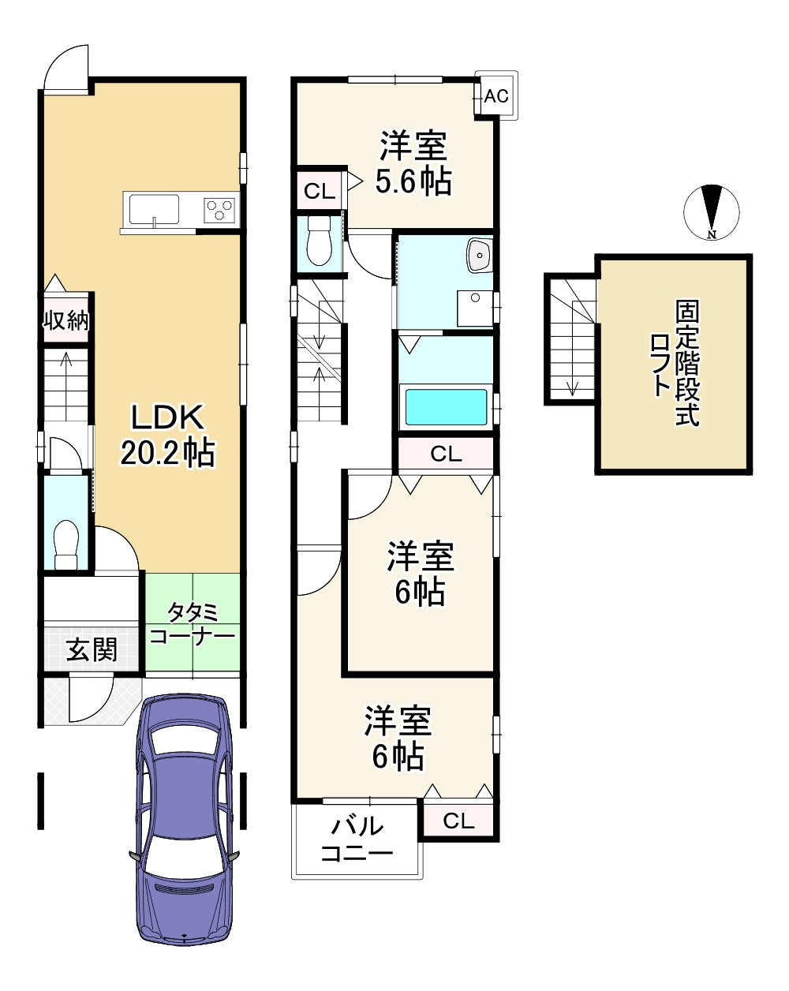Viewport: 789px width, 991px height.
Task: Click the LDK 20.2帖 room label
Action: [x=167, y=435]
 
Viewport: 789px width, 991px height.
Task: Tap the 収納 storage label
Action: [x=65, y=320]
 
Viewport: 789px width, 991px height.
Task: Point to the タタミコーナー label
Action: [x=193, y=624]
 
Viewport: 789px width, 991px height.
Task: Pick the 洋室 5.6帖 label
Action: [x=413, y=163]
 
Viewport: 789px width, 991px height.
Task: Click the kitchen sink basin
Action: [x=154, y=210]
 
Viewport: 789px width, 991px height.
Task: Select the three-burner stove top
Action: [x=219, y=210]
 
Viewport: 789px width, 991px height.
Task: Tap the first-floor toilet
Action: [x=66, y=545]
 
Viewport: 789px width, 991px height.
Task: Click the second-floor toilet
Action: [x=319, y=241]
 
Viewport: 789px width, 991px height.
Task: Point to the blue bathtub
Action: [x=446, y=406]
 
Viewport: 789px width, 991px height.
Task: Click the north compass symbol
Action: [x=712, y=212]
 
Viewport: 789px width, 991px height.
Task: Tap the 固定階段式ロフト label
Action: [x=675, y=363]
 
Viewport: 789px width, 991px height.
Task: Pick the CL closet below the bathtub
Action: [x=446, y=454]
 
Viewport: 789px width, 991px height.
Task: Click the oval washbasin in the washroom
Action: [x=480, y=256]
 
